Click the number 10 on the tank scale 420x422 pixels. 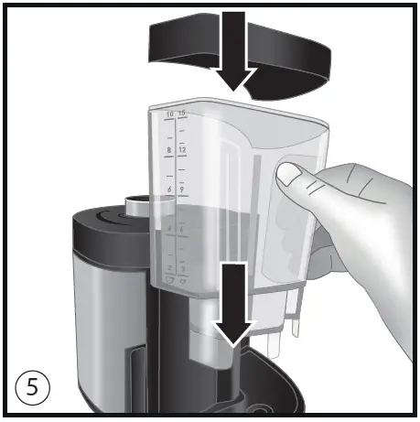point(168,114)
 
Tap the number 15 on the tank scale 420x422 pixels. point(182,114)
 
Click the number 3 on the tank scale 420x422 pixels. point(182,266)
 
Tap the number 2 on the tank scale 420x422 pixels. point(168,266)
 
